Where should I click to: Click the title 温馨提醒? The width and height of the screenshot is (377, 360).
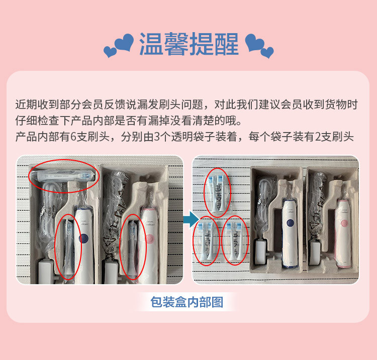click(189, 44)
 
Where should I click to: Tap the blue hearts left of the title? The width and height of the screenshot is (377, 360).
click(119, 45)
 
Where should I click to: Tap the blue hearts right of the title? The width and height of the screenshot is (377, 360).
click(259, 46)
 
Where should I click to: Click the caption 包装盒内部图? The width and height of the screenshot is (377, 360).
click(187, 302)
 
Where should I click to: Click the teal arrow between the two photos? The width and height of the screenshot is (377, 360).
click(191, 219)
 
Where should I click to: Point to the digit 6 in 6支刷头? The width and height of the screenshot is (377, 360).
click(73, 137)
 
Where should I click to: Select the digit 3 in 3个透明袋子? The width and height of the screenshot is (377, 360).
click(157, 137)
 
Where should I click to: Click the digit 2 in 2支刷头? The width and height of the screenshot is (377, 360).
click(318, 137)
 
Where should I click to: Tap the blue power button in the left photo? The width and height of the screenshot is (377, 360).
click(84, 238)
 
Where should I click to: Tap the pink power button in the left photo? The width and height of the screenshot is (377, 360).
click(150, 239)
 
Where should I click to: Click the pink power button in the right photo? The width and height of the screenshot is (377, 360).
click(344, 223)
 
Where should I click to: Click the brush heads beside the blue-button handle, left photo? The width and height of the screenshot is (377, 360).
click(68, 248)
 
